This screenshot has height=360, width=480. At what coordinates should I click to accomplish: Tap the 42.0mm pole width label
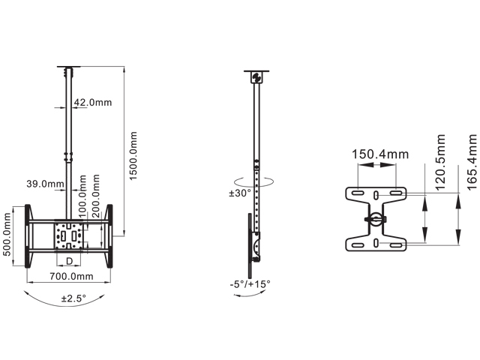pos(93,103)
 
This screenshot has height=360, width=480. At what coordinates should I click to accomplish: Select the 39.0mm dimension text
pos(44,183)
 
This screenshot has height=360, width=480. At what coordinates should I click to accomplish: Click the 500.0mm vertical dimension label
pos(8,235)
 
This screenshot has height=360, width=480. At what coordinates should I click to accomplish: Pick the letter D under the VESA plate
pos(69,260)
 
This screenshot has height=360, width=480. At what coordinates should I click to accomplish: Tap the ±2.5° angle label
pos(73,298)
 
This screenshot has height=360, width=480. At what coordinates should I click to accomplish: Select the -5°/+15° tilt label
pos(250,284)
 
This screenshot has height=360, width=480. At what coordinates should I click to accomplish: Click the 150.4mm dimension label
pos(380,154)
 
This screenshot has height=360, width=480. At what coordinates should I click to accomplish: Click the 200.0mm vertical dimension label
pos(95,193)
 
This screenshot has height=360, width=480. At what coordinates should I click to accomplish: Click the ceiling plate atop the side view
pos(256,76)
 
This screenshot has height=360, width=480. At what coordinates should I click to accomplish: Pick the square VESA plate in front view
pos(69,235)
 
